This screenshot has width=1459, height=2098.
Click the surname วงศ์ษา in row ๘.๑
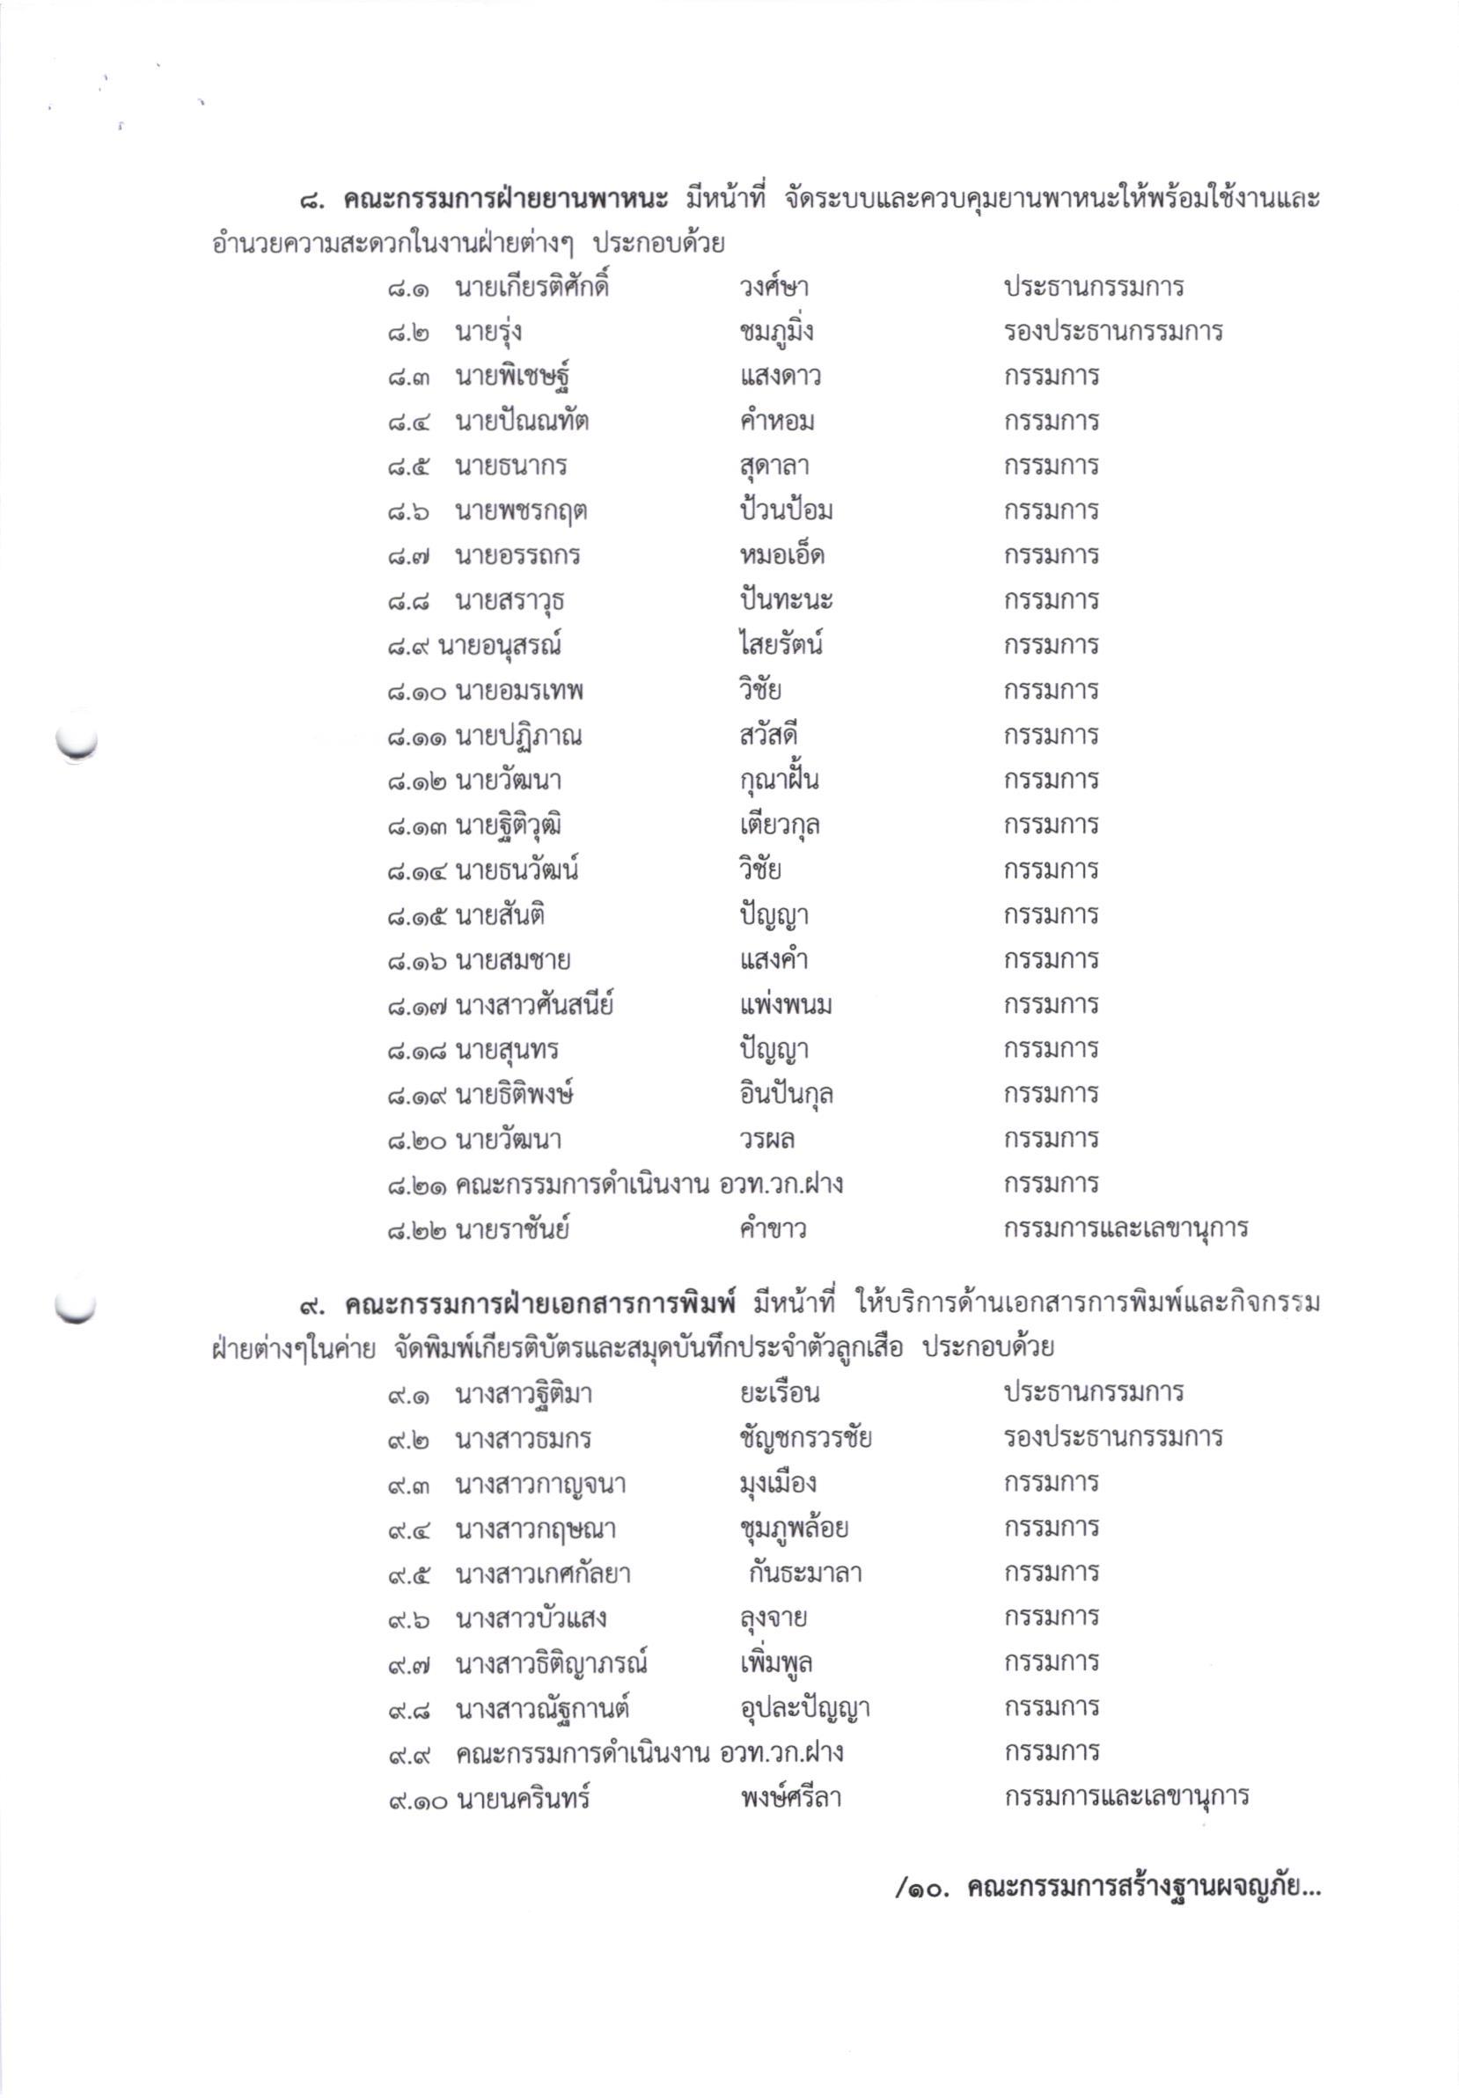tap(773, 288)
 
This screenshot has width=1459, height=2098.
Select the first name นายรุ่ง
tap(488, 333)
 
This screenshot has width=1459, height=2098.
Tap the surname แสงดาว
tap(780, 377)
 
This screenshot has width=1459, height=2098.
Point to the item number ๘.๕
tap(407, 467)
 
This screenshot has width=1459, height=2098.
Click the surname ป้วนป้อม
tap(786, 510)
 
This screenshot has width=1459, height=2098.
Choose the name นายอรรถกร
tap(517, 556)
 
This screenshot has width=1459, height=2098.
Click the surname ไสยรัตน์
tap(781, 646)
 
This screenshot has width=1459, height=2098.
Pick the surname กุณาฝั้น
tap(779, 781)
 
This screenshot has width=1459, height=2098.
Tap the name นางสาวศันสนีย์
tap(533, 1006)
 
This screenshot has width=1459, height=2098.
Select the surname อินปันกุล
tap(786, 1095)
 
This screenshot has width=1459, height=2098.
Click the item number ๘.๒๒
tap(416, 1230)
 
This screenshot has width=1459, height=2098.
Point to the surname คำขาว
tap(773, 1230)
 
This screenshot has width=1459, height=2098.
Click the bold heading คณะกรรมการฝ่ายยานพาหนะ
tap(505, 199)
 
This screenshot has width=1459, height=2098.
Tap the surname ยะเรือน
tap(779, 1394)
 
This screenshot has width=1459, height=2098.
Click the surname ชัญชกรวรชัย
tap(805, 1438)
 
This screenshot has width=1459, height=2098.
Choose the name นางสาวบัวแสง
tap(531, 1619)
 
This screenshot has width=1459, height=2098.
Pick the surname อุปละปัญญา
tap(804, 1709)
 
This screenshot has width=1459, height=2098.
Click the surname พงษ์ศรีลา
tap(789, 1799)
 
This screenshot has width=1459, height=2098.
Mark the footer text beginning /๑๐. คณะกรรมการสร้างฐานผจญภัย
tap(1107, 1888)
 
